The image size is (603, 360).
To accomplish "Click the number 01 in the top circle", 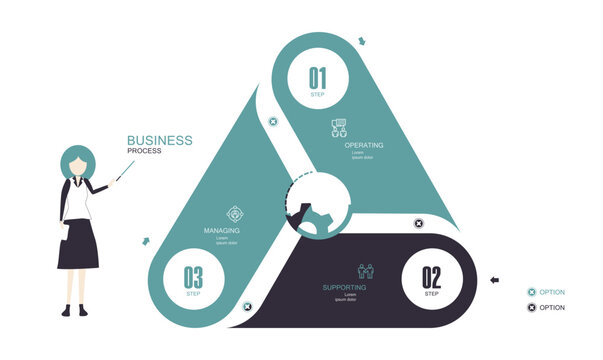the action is coord(317,77).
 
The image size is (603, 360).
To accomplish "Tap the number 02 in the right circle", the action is coord(431,277).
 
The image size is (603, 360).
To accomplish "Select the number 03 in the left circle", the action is coord(193,277).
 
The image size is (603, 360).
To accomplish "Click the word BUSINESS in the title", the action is coord(160,141).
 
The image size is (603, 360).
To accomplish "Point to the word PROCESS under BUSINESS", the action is coord(144,151).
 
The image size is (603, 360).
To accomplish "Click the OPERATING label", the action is coord(364,145).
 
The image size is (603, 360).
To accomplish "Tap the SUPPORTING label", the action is coord(345,288).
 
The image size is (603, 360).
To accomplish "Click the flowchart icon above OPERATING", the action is coord(339,128).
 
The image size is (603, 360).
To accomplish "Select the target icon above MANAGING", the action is coord(236,213).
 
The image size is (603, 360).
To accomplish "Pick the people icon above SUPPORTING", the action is coord(365,271).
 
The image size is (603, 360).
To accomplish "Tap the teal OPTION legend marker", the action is coord(531,292).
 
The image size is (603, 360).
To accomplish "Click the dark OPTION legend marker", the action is coord(531,307).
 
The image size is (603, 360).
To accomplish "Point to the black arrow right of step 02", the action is coord(493,280).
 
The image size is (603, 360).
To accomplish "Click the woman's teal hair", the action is coord(77,161).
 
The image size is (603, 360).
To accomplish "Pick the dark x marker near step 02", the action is coord(418,223).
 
